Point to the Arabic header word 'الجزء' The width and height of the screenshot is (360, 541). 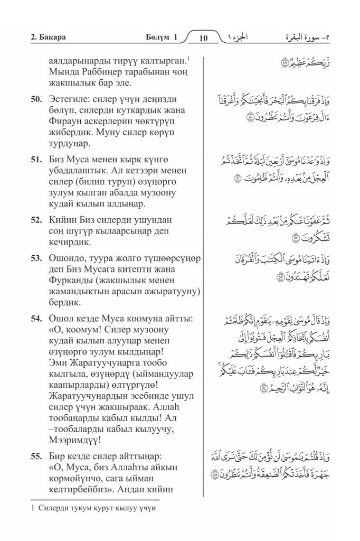(x=241, y=38)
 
